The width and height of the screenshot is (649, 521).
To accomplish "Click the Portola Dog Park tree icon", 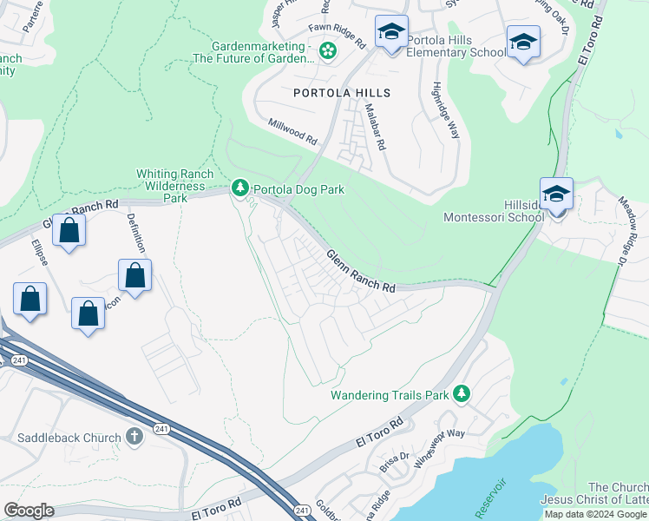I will [x=239, y=188].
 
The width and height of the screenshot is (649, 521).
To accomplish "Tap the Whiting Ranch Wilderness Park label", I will [x=171, y=186].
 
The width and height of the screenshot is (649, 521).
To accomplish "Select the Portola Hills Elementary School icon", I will [x=391, y=34].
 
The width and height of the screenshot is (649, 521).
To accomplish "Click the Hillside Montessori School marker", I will [x=556, y=195].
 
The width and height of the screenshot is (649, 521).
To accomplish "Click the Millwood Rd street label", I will [x=292, y=131].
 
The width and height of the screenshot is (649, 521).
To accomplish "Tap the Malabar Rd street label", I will [x=375, y=124].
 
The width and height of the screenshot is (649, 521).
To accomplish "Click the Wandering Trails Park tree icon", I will [x=462, y=394].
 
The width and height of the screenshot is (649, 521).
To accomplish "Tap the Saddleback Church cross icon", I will [x=134, y=437].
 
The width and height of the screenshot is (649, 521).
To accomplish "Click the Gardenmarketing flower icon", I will [x=327, y=52].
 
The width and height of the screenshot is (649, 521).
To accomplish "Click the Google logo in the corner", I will [x=29, y=511].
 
